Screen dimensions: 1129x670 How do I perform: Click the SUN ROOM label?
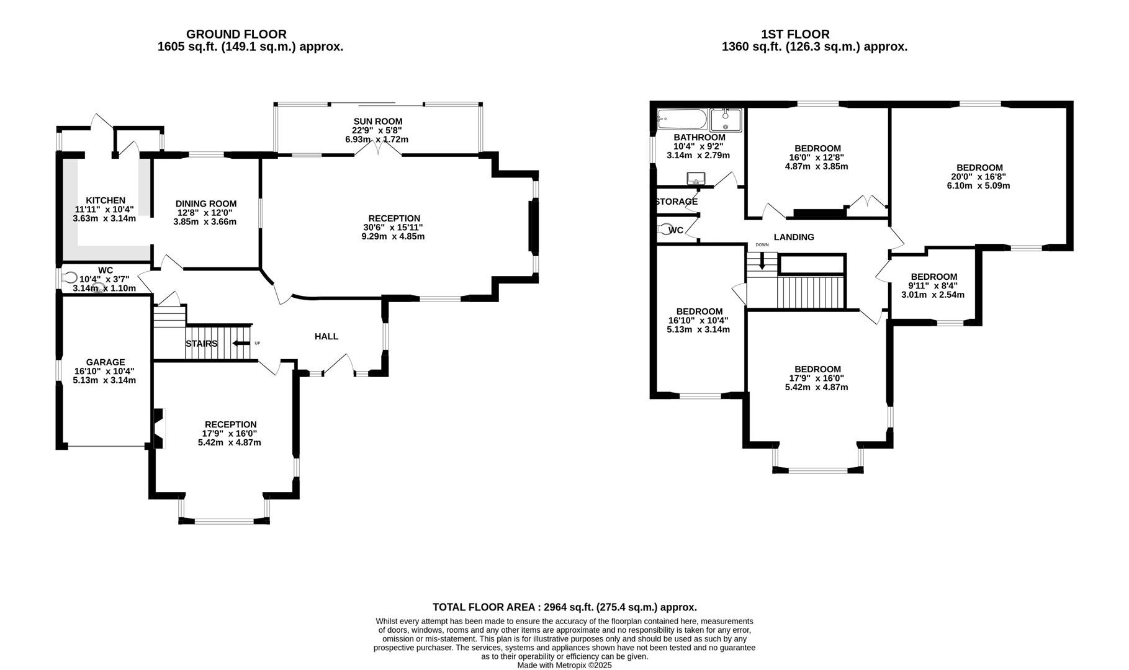[x=378, y=121]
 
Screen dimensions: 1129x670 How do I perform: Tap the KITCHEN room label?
[x=106, y=200]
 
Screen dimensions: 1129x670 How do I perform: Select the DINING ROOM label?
[x=206, y=203]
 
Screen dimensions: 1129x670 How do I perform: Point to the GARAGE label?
[x=106, y=362]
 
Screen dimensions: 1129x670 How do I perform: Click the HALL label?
[x=326, y=336]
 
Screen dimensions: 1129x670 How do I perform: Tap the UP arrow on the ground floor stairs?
[x=241, y=343]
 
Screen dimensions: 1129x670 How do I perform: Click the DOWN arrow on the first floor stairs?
[x=762, y=262]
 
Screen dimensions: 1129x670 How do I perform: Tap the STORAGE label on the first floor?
[x=676, y=202]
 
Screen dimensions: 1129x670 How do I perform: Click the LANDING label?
[x=794, y=237]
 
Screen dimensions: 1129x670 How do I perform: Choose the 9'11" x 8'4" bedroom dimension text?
[x=933, y=286]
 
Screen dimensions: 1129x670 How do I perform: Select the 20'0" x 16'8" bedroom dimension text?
[x=979, y=177]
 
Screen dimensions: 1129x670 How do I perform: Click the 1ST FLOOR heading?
[x=795, y=35]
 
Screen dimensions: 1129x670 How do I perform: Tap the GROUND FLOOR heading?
[x=236, y=35]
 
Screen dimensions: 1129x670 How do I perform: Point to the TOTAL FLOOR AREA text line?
[x=565, y=607]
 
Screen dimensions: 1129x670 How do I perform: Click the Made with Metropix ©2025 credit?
[x=565, y=665]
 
